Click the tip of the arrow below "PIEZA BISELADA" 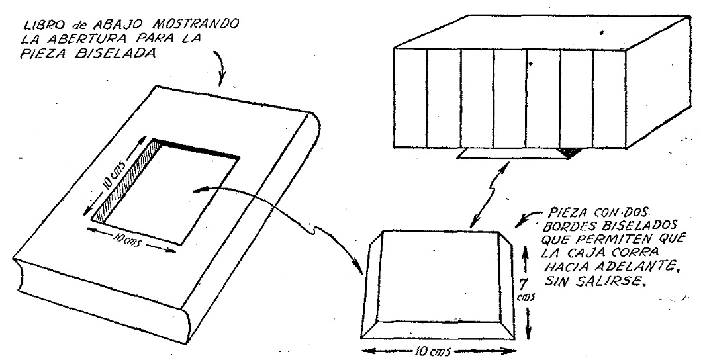pos(220,85)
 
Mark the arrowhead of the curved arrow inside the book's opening pos(194,191)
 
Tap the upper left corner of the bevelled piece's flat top pos(383,231)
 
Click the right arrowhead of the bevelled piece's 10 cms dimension pos(512,351)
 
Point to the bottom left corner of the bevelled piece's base pos(361,339)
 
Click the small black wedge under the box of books pos(567,153)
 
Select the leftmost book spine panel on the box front pos(410,97)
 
